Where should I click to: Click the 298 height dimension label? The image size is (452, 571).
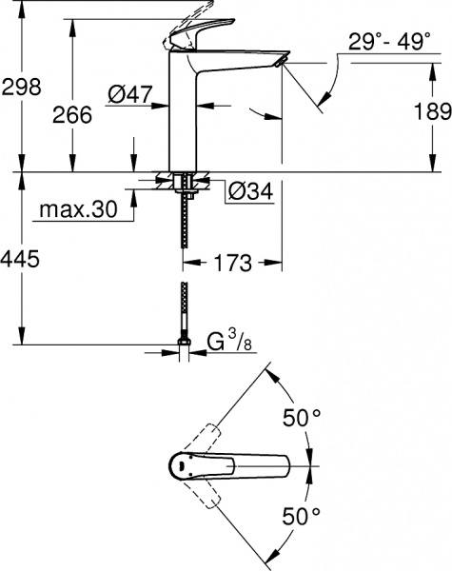[x=21, y=87]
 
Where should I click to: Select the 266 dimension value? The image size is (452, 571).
[x=72, y=114]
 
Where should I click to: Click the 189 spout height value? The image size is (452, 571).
[x=432, y=111]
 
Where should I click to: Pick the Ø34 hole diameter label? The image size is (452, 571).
[x=250, y=192]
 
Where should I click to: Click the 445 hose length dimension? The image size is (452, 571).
[x=21, y=260]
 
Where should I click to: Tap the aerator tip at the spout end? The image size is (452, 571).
[x=279, y=61]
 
